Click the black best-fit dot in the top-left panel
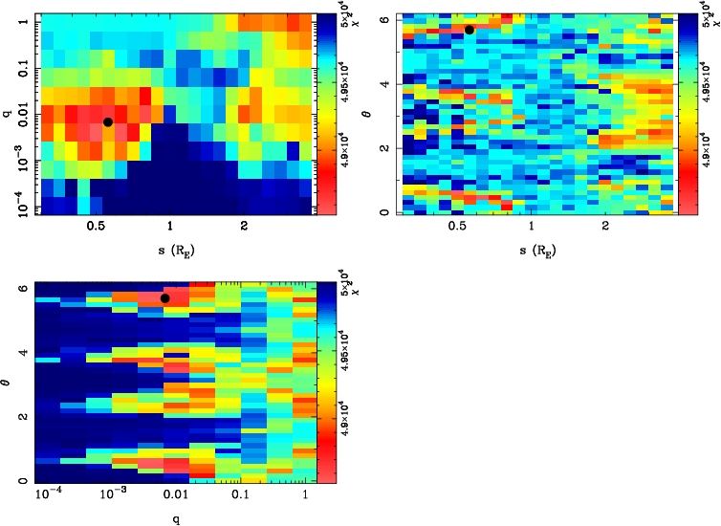pos(108,121)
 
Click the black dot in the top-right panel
pos(470,30)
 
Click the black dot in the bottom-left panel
pos(165,298)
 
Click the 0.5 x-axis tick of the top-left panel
pos(96,228)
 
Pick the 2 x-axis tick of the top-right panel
pos(606,228)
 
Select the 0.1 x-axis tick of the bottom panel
pos(241,497)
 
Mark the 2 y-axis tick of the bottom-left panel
pos(23,418)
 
